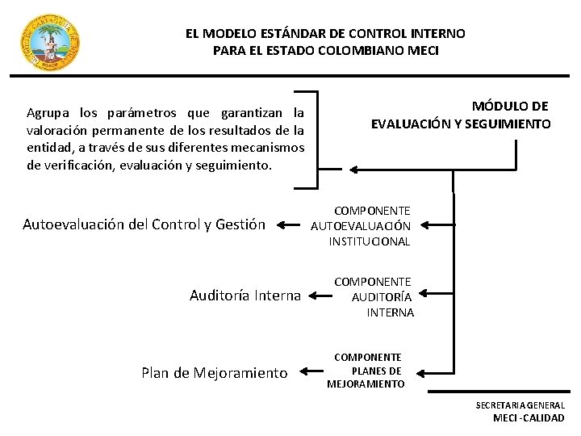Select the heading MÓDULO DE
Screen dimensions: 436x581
click(x=510, y=106)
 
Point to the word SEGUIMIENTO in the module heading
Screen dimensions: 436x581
click(x=512, y=124)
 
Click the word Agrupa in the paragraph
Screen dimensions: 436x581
click(x=48, y=112)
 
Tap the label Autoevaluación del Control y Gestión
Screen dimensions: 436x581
click(x=144, y=224)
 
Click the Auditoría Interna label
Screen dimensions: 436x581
click(x=245, y=296)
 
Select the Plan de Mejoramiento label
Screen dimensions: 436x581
click(x=214, y=372)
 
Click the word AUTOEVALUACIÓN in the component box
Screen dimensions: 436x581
click(x=361, y=226)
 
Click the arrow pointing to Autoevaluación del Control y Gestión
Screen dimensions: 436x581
click(x=288, y=225)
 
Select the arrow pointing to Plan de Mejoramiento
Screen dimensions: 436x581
click(x=311, y=372)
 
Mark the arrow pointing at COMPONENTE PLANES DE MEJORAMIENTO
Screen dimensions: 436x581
click(x=433, y=371)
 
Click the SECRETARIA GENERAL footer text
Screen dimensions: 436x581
click(x=520, y=405)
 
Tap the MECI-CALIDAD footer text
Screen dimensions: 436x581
click(x=529, y=418)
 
